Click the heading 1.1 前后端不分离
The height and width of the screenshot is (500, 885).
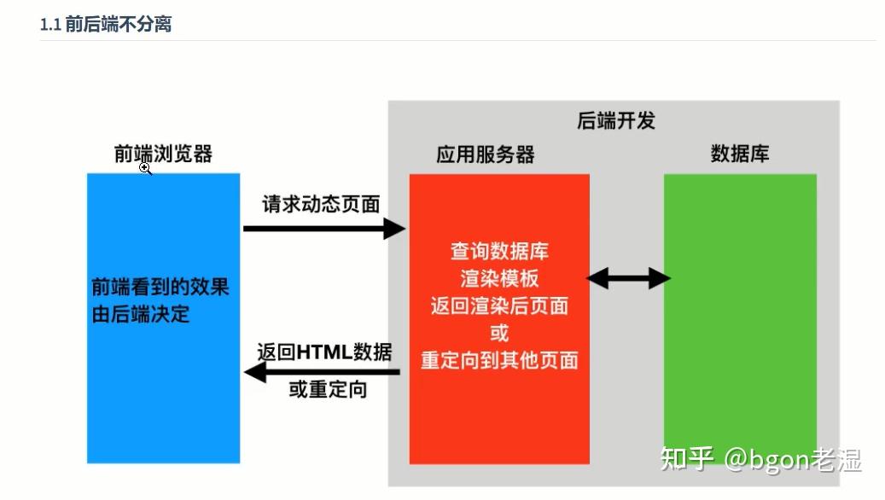[x=106, y=24]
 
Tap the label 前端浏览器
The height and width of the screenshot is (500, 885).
[x=163, y=154]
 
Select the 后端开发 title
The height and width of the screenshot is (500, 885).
[x=615, y=120]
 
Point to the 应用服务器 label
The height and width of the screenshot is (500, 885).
[x=485, y=154]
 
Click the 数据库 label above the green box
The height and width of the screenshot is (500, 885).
[x=740, y=154]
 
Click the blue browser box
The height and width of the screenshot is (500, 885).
[x=163, y=392]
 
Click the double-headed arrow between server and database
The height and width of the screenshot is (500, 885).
[x=628, y=278]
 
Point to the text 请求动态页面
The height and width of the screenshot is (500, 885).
[x=321, y=204]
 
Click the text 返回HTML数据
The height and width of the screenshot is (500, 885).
[x=324, y=352]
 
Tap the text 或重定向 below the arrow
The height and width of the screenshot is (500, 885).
[x=328, y=391]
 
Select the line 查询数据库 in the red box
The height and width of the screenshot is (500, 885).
[x=499, y=252]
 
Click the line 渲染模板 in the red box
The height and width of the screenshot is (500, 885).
[x=499, y=279]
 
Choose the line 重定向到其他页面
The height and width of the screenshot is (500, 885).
[x=499, y=360]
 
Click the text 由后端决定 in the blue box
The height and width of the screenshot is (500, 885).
[x=141, y=314]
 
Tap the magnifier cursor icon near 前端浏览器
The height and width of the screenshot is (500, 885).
[x=146, y=169]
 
